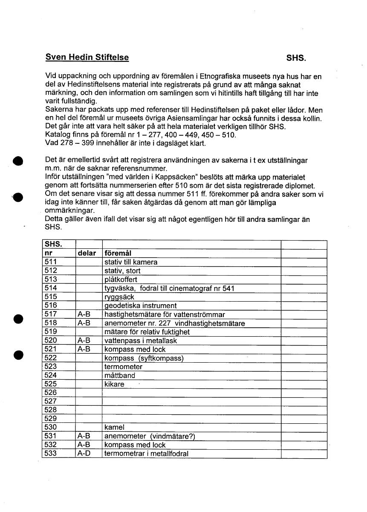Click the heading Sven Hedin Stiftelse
[87, 57]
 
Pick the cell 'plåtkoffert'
[121, 279]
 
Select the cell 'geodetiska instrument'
[140, 305]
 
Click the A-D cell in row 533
[84, 454]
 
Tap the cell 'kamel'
[114, 427]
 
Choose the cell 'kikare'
[114, 384]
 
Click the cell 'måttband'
[119, 375]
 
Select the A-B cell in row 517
[84, 314]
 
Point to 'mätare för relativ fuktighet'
[147, 332]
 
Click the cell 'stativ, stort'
[122, 271]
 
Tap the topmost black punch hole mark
[17, 161]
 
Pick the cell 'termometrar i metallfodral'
[146, 454]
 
